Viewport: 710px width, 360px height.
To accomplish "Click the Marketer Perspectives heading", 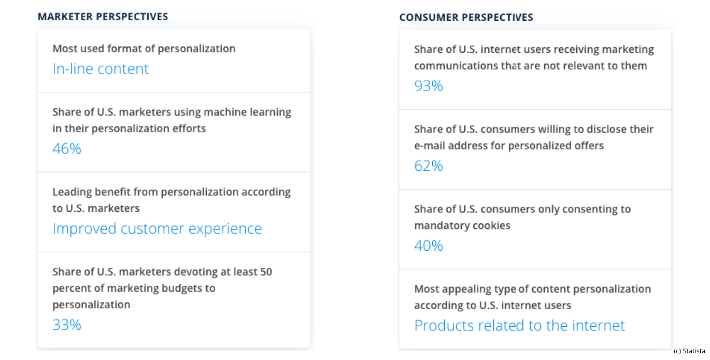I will coord(103,17).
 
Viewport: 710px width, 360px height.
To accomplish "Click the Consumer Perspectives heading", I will coord(466,17).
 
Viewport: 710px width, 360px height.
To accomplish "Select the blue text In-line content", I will coord(101,69).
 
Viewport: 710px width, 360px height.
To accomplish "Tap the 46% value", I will coord(67,149).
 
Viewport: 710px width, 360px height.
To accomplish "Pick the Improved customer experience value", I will coord(157,228).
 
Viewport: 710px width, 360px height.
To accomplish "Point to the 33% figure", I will coord(67,325).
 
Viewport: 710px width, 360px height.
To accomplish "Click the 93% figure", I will coord(429,86).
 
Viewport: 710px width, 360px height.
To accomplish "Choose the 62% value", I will coord(429,166).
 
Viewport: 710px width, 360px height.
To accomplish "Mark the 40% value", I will coord(429,246).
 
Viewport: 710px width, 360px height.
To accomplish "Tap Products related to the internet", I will coord(519,325).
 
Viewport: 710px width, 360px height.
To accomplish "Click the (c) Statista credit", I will coord(689,351).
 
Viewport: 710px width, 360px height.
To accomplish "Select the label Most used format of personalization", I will coord(144,49).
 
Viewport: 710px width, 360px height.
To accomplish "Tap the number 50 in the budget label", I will coord(266,272).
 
